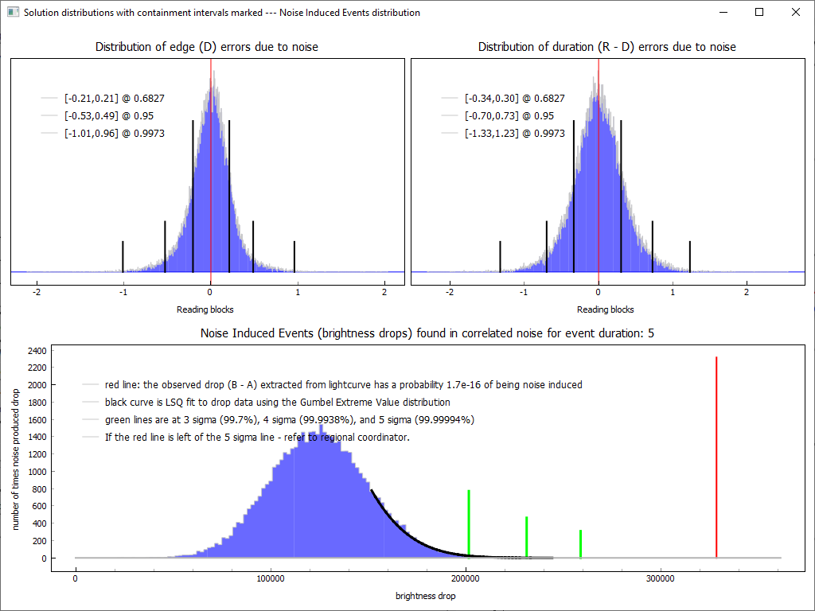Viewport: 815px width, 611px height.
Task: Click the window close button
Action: pyautogui.click(x=795, y=13)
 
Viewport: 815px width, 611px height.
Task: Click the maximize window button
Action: pyautogui.click(x=759, y=13)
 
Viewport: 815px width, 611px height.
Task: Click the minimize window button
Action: pyautogui.click(x=723, y=13)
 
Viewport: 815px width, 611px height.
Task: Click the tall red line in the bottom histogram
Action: pyautogui.click(x=716, y=457)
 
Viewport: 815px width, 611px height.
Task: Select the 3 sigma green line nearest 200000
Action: pyautogui.click(x=469, y=523)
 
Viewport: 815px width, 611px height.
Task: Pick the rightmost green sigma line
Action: pyautogui.click(x=581, y=543)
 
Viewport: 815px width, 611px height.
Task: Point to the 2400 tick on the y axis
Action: pyautogui.click(x=37, y=350)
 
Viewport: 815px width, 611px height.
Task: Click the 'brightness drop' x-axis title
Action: pyautogui.click(x=426, y=595)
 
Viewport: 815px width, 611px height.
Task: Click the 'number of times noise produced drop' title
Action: pyautogui.click(x=16, y=453)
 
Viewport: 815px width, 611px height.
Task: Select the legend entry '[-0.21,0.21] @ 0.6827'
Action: pyautogui.click(x=114, y=99)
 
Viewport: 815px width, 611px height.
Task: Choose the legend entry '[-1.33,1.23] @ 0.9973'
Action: pyautogui.click(x=514, y=134)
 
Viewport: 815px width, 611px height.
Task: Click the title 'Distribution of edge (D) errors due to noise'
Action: pyautogui.click(x=207, y=47)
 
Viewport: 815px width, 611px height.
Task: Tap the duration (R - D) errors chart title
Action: pyautogui.click(x=606, y=47)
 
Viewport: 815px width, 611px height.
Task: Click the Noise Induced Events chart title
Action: pyautogui.click(x=427, y=333)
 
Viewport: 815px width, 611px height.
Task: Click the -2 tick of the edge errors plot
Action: pyautogui.click(x=37, y=292)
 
